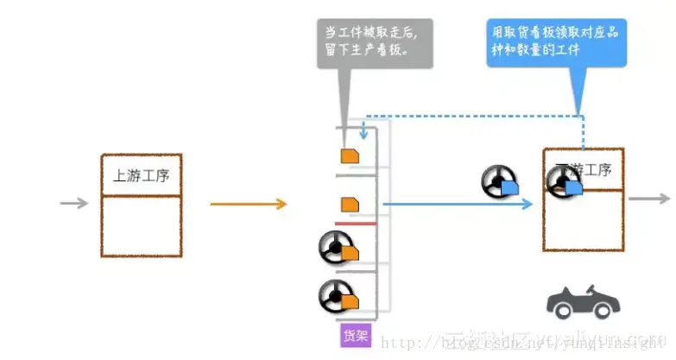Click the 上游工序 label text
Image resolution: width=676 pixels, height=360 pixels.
(x=141, y=175)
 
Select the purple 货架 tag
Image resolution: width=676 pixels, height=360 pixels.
(x=355, y=335)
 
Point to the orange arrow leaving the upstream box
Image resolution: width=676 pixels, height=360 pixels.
(x=248, y=204)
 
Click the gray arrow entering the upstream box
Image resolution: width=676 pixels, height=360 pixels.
(x=74, y=204)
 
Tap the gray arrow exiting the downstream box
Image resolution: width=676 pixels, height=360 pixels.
(x=648, y=199)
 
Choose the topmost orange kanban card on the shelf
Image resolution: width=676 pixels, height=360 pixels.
(x=349, y=156)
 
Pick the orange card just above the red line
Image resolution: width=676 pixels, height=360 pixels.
(x=349, y=205)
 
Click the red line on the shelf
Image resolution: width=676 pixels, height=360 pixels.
(x=356, y=223)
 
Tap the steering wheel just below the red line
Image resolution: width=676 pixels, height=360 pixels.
(x=333, y=249)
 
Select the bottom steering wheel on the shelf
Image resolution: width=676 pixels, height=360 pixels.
(x=333, y=296)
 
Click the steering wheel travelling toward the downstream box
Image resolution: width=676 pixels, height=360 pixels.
(x=498, y=182)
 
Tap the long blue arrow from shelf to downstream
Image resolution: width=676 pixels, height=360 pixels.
(x=458, y=205)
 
